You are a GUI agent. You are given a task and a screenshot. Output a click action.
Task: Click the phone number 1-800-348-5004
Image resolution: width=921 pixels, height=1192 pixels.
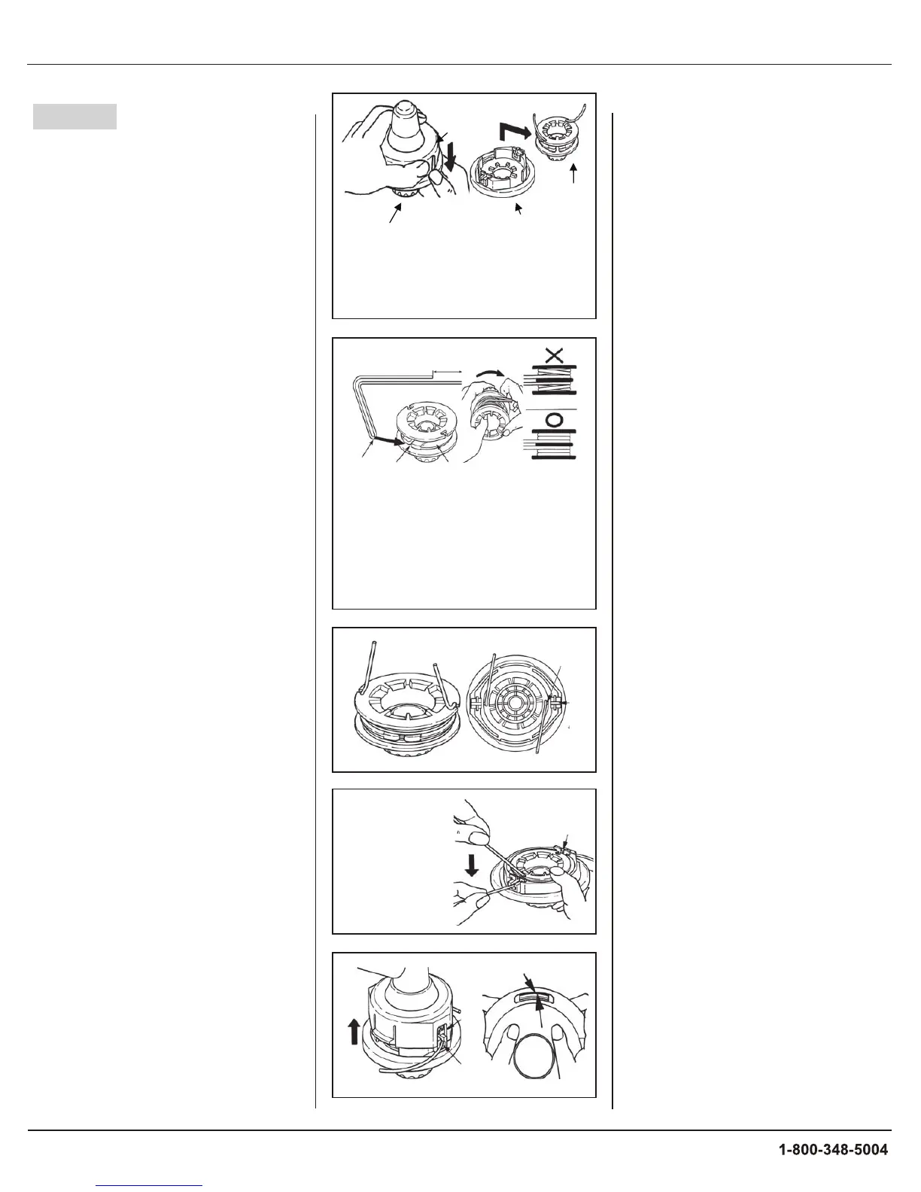833,1149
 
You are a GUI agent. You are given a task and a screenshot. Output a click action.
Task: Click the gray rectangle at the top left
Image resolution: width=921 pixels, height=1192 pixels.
74,117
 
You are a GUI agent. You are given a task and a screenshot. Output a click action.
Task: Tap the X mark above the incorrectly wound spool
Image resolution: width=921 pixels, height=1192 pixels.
555,355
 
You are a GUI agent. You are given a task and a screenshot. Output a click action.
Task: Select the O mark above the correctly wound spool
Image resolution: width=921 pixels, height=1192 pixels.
555,421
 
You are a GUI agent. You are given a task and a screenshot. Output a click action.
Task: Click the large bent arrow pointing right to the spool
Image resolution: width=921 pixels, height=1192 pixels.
515,132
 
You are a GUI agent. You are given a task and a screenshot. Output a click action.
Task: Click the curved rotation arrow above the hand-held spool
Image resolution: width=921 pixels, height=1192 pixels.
490,373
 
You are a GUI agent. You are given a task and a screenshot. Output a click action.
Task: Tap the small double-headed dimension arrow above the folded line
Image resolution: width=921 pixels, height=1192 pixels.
448,372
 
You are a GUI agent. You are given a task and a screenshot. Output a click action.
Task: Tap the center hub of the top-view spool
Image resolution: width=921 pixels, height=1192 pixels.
516,703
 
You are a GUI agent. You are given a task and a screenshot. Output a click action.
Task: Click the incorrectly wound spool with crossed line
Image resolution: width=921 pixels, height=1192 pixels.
555,379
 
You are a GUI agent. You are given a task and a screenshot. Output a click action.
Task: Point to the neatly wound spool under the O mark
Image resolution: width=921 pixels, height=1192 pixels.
555,444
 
